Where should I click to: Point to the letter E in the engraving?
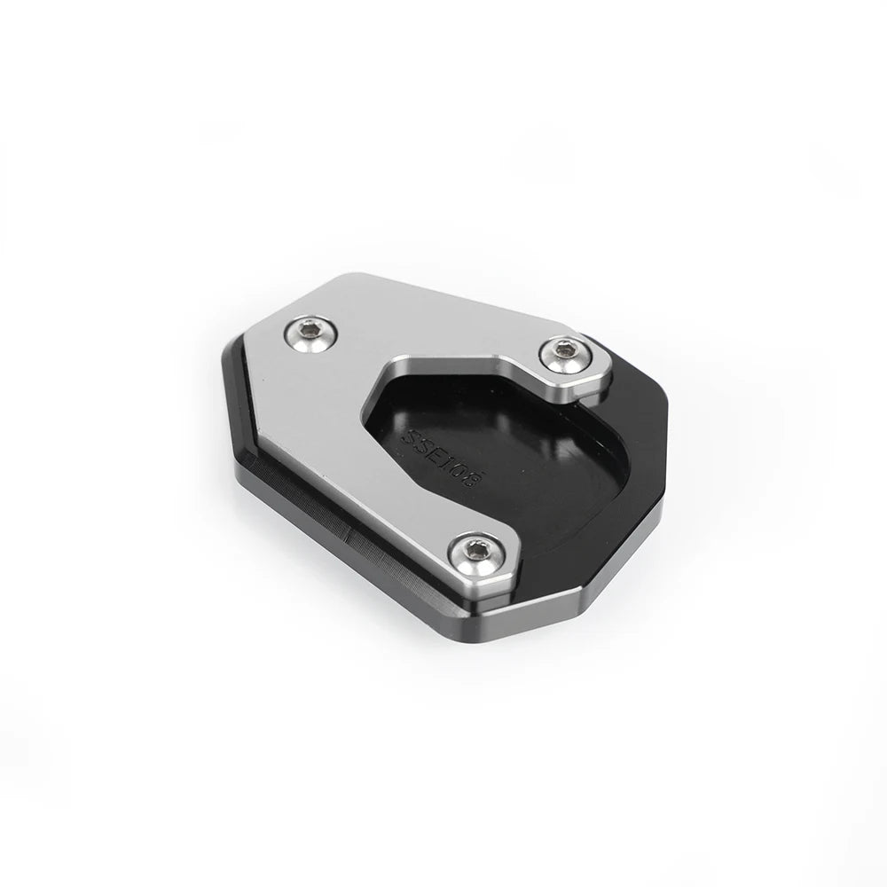pos(436,454)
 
